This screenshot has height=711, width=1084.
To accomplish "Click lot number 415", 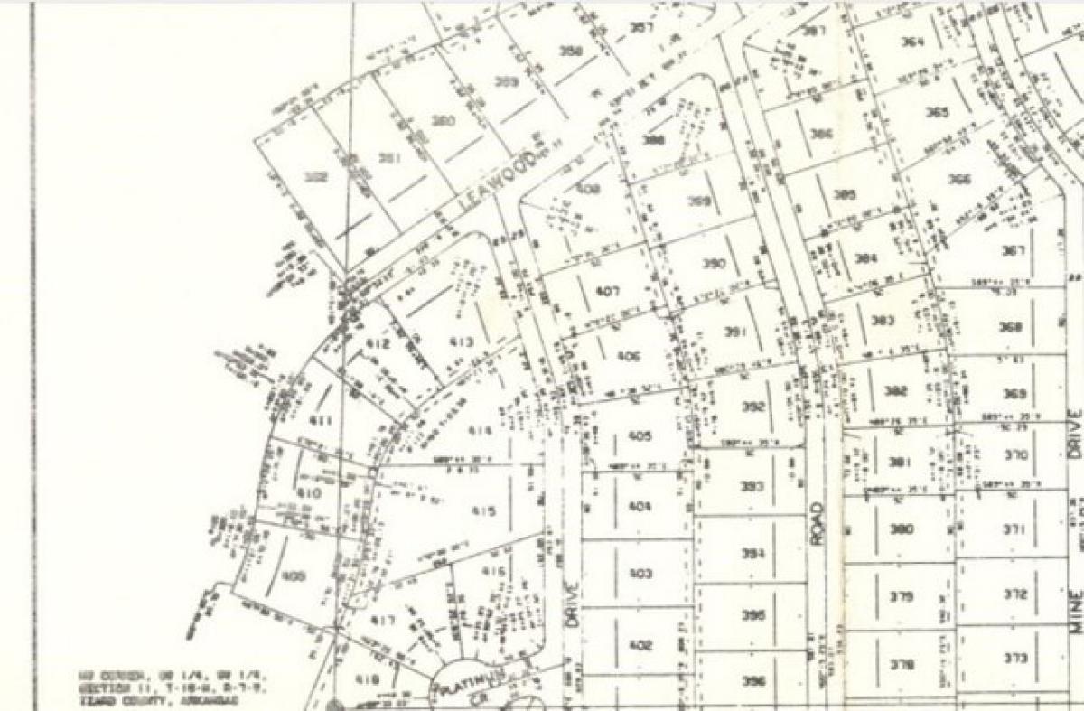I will coord(483,511).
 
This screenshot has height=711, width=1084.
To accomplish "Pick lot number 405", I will coord(639,436).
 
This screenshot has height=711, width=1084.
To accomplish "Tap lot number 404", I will coord(639,506).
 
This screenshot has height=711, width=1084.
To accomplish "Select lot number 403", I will coord(640,574).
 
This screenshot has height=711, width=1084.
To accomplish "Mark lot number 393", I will coord(752,487).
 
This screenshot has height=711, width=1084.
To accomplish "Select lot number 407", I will coord(608,291).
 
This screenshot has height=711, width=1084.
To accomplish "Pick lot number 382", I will coord(895,391).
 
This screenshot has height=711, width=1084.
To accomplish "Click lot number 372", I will coord(1015,594).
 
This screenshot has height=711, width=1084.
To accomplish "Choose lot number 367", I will coord(1014,250).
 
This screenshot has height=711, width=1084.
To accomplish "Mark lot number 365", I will coord(937,113).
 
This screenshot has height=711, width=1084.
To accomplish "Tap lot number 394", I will coord(752,554).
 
